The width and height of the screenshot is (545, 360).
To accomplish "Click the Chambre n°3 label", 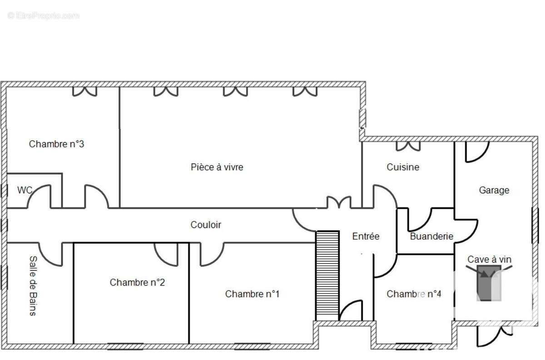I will click(56, 144).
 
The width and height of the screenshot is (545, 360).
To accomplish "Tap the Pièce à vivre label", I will click(217, 167).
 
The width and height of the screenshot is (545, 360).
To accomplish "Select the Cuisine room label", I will click(403, 167).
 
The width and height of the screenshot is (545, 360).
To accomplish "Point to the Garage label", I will click(494, 190).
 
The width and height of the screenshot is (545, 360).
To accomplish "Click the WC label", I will click(25, 190).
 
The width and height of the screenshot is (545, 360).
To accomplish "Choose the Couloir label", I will click(206, 225).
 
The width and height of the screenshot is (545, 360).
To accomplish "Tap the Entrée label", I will click(366, 236).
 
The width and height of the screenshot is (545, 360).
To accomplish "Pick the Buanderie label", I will click(431, 236).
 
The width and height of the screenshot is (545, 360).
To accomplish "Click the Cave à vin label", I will click(489, 259).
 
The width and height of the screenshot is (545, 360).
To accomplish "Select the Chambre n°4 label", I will click(414, 294).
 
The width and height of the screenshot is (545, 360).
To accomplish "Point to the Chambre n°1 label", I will click(252, 294).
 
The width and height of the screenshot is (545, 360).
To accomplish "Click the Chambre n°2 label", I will click(137, 282).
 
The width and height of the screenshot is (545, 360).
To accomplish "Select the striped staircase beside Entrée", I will click(327, 275).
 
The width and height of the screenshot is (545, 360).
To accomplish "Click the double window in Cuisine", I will click(408, 146).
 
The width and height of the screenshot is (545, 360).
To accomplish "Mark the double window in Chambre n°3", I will click(85, 91).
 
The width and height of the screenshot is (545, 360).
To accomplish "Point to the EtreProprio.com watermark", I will click(44, 15).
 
